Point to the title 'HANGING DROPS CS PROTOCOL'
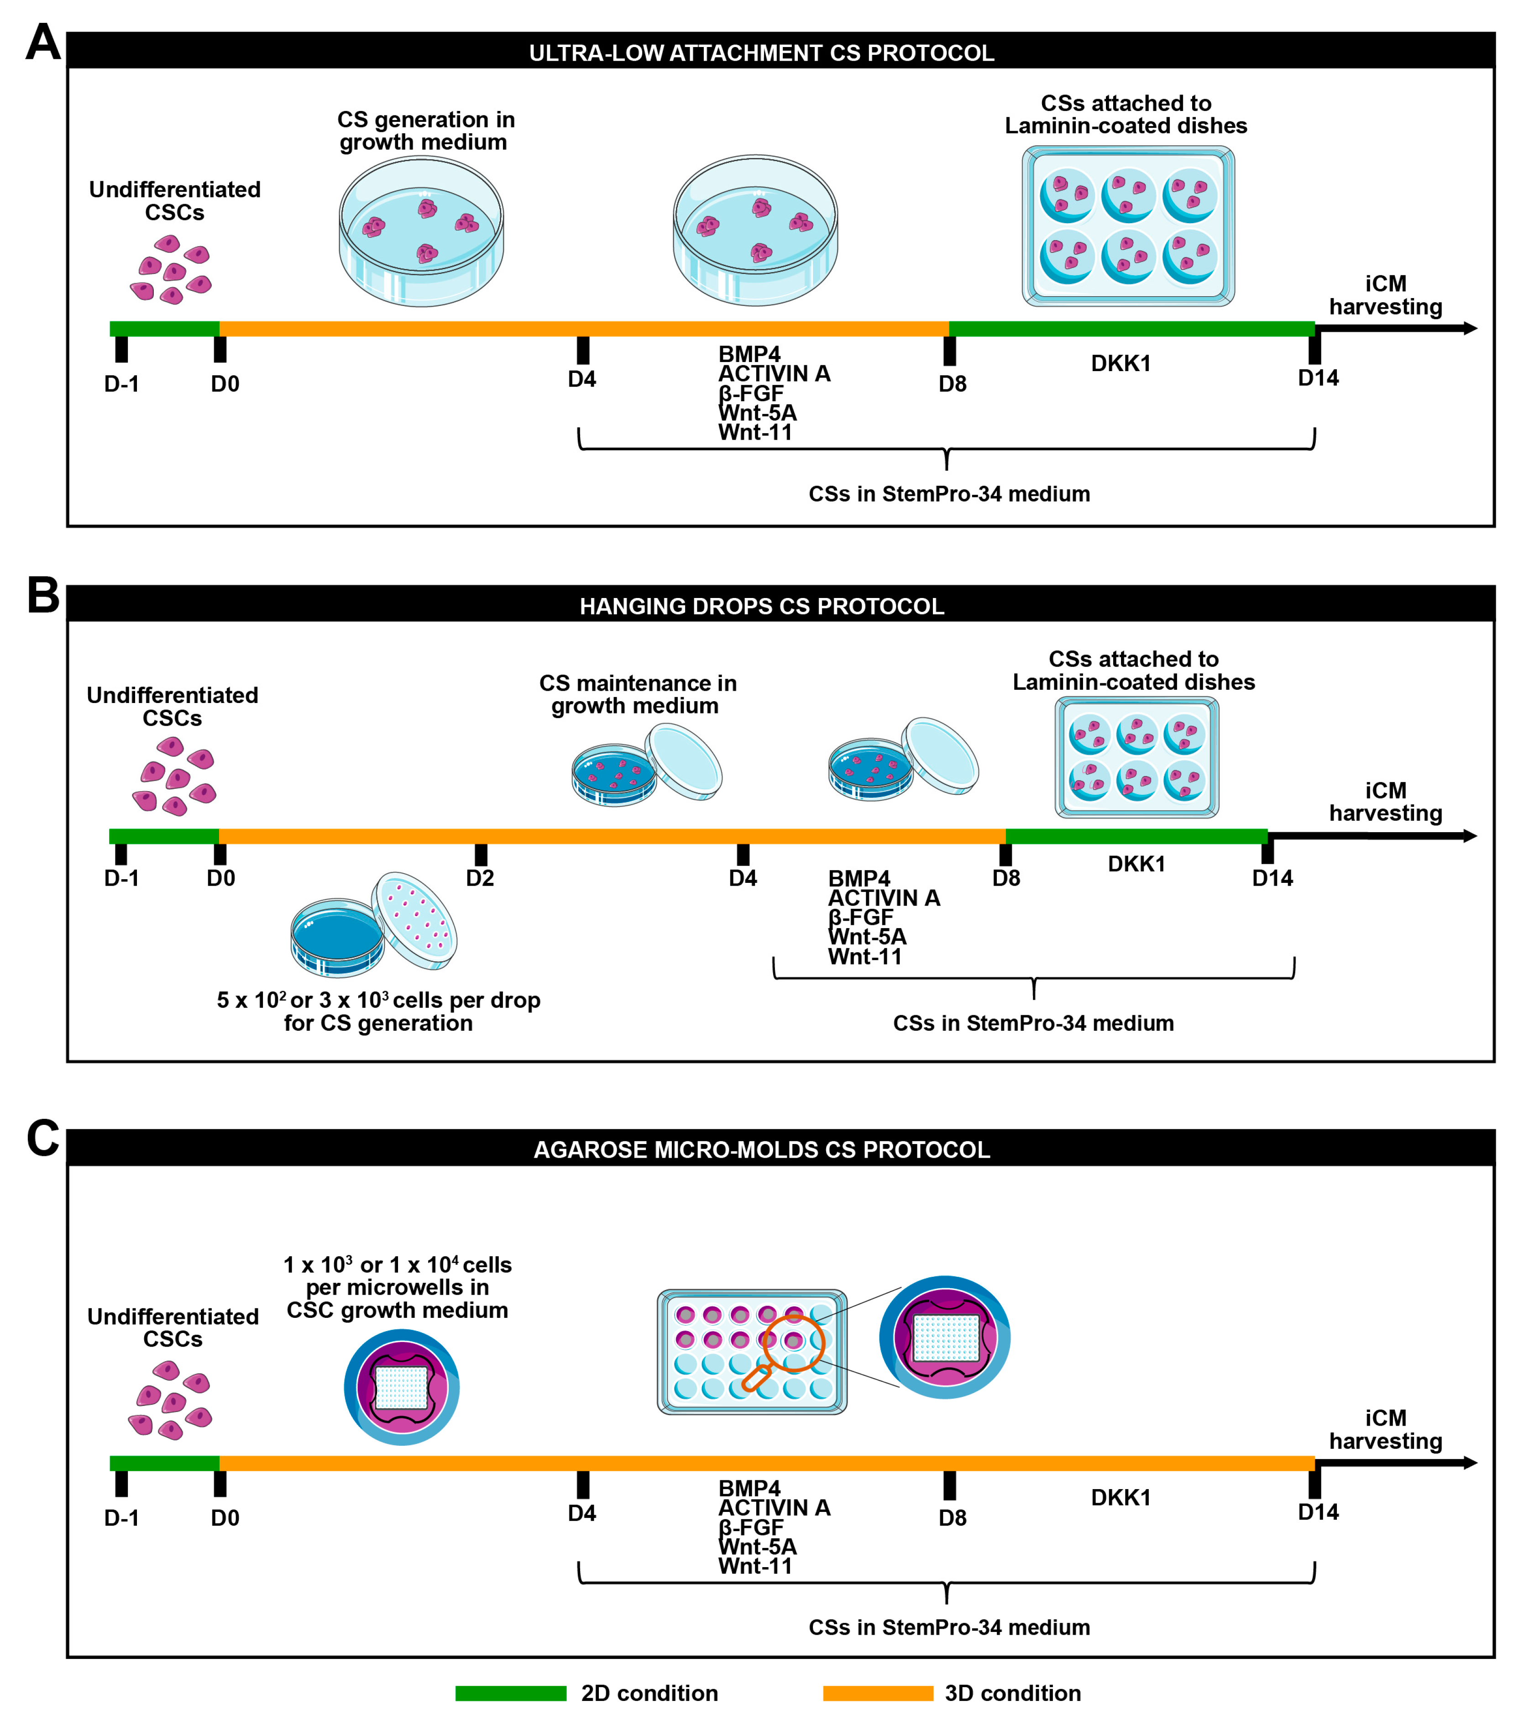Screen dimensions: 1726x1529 pyautogui.click(x=762, y=606)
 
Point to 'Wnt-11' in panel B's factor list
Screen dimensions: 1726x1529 pyautogui.click(x=864, y=957)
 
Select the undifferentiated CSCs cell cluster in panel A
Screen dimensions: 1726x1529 pyautogui.click(x=172, y=268)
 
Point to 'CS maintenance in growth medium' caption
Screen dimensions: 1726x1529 pyautogui.click(x=638, y=694)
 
